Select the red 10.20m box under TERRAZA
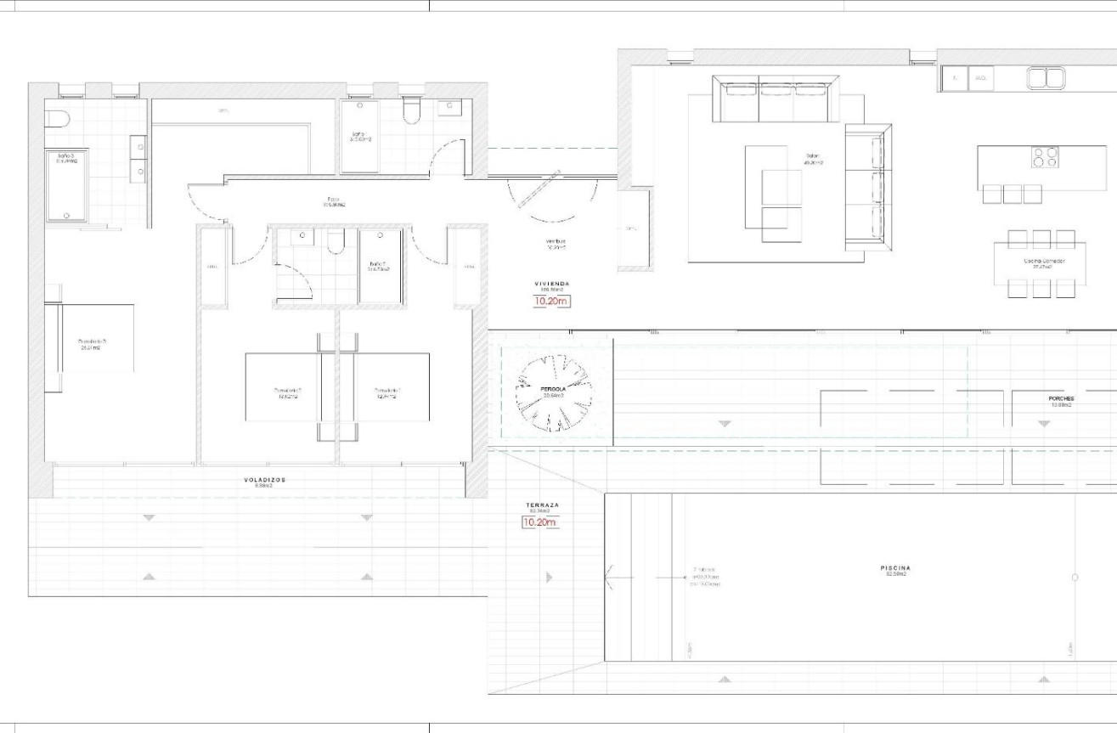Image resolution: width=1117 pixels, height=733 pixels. [x=539, y=522]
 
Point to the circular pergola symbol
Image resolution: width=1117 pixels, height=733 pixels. [x=556, y=392]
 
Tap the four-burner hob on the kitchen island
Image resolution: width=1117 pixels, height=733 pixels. [x=1044, y=158]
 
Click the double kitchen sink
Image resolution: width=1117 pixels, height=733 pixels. [x=1046, y=79]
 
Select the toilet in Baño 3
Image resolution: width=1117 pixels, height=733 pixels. [x=57, y=118]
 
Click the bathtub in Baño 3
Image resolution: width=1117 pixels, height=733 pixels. [x=66, y=185]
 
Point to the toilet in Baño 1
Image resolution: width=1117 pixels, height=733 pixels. [x=412, y=113]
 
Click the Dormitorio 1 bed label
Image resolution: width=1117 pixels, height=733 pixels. [x=386, y=392]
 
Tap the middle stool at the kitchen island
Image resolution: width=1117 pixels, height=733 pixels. [x=1012, y=195]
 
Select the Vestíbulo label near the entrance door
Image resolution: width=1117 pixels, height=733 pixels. [x=556, y=244]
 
